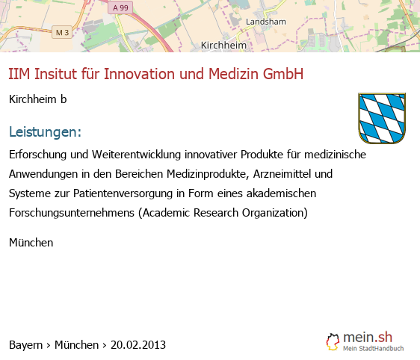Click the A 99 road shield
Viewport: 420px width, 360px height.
(x=120, y=7)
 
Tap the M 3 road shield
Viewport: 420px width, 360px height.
(x=62, y=32)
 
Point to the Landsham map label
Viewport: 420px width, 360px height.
(x=266, y=22)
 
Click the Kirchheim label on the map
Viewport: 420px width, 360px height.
(x=223, y=46)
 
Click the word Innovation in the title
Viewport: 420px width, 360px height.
(x=140, y=74)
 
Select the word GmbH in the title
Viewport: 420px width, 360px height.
(x=283, y=74)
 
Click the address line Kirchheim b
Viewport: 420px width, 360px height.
(x=38, y=99)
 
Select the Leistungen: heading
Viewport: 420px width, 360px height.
(x=45, y=131)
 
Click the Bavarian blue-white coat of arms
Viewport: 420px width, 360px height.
(x=382, y=118)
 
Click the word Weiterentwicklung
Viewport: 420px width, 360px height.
(x=136, y=155)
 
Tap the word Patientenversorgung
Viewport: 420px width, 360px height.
(x=123, y=193)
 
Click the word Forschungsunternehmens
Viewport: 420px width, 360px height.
(x=72, y=213)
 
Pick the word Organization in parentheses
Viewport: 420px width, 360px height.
(x=275, y=213)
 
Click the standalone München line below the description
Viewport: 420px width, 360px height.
(x=31, y=243)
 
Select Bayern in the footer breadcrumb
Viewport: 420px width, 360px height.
(x=25, y=345)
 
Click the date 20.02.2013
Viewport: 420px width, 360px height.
(x=138, y=345)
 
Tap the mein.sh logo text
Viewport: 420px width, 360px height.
(x=368, y=337)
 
